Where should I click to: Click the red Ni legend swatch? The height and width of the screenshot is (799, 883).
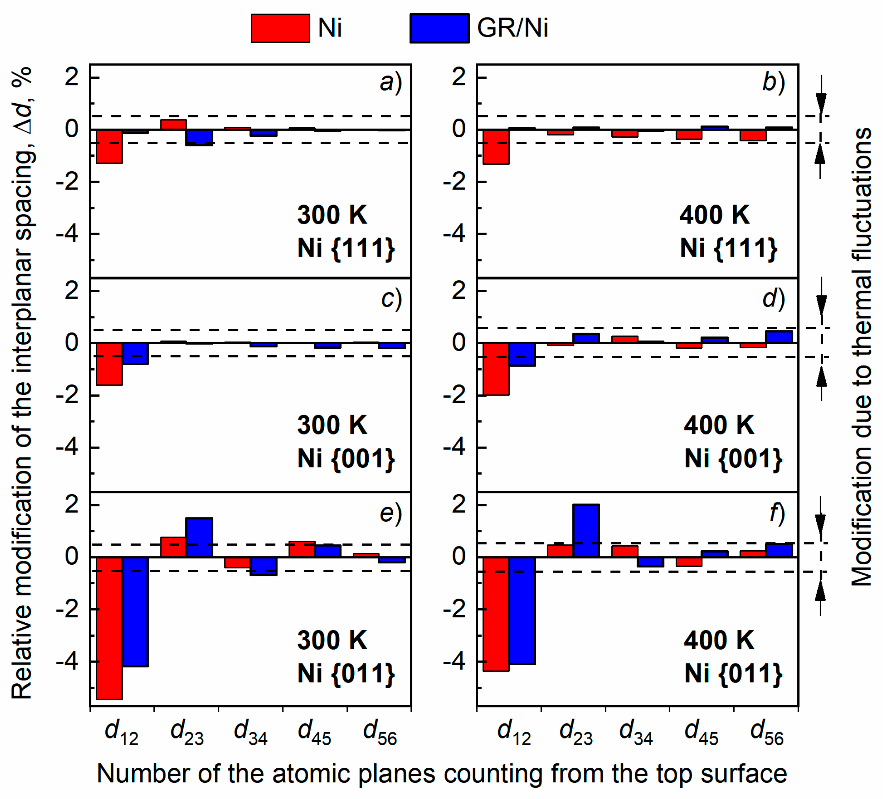pos(280,29)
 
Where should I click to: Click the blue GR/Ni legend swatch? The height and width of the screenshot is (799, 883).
pos(439,29)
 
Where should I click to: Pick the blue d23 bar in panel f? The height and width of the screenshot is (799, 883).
pos(586,530)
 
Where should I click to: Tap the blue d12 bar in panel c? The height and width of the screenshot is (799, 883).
pos(135,353)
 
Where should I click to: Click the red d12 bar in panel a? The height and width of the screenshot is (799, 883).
pos(109,146)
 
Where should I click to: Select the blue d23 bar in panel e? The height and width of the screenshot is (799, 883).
pos(199,537)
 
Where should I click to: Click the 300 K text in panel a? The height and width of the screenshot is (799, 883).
pos(332,215)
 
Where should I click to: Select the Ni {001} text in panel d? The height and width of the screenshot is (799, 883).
pos(733,459)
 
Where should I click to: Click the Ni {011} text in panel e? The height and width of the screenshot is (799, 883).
pos(346,673)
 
